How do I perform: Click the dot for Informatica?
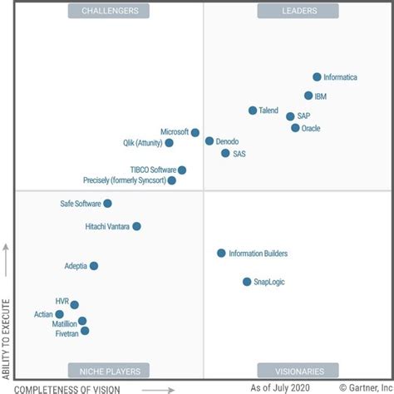[317, 76]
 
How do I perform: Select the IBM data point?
[308, 96]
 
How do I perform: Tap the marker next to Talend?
[253, 111]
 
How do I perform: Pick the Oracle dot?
[295, 128]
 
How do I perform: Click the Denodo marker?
[209, 141]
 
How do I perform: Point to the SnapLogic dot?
[247, 282]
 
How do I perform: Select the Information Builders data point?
[221, 253]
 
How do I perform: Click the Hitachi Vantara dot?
[136, 226]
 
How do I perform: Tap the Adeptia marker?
[94, 266]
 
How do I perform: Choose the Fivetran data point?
[85, 331]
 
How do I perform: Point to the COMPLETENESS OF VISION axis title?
[68, 388]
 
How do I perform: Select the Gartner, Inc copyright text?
[359, 387]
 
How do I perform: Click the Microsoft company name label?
[175, 132]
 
